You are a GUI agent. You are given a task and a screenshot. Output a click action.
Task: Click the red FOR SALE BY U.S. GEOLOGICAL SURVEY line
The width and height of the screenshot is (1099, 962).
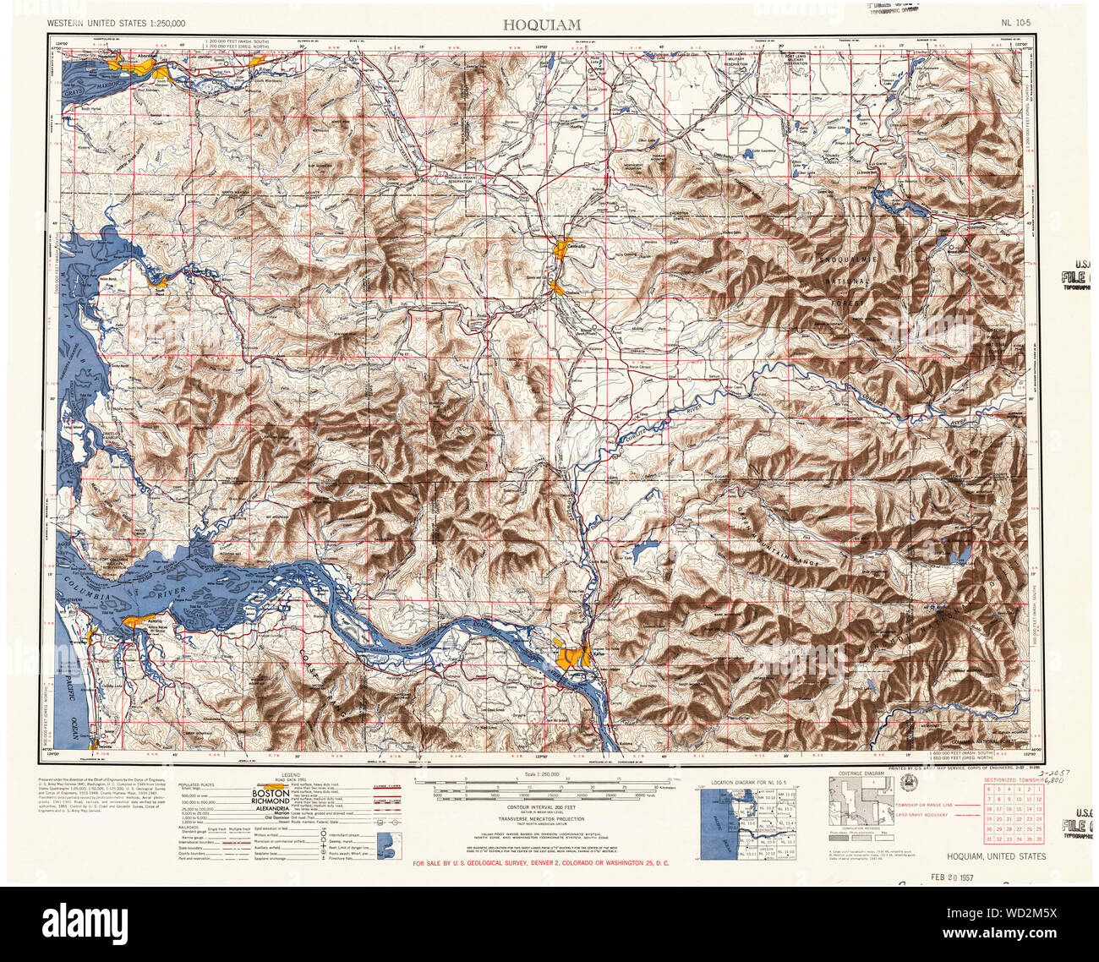coord(541,863)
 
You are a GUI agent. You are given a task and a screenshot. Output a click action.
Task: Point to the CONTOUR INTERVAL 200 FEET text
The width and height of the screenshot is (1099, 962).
coord(541,807)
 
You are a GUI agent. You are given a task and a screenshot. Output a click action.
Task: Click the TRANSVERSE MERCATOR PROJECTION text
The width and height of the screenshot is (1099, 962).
coord(541,819)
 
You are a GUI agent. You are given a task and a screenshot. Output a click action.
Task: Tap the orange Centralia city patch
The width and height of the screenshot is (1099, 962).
coord(559,248)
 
